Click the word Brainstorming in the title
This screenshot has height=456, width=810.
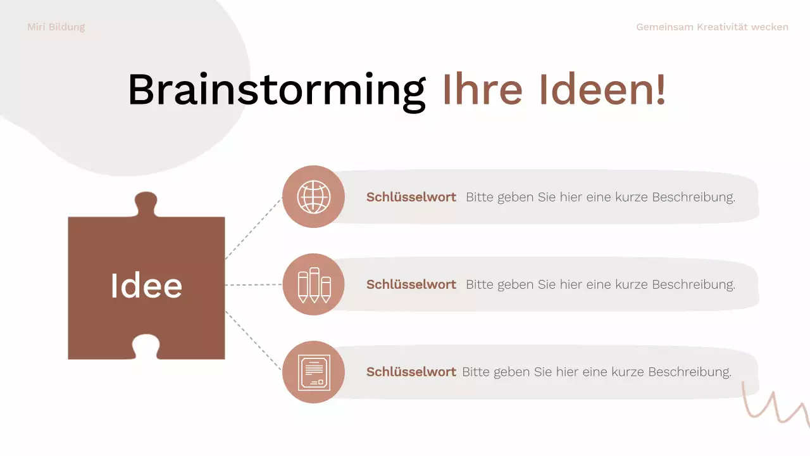(277, 89)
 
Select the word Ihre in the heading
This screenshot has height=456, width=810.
(482, 89)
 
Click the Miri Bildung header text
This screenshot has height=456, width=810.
(56, 27)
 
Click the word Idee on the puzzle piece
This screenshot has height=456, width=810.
(146, 286)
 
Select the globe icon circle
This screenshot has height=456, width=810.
(313, 197)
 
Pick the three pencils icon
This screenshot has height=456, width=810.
(313, 284)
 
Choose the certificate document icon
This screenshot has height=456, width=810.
(313, 372)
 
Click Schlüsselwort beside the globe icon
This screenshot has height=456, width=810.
(411, 197)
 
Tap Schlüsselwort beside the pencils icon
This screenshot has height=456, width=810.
(411, 284)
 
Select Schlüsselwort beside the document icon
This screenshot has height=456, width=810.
(411, 372)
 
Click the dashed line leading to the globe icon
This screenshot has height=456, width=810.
(253, 228)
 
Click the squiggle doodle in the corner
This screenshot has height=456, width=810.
(776, 405)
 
